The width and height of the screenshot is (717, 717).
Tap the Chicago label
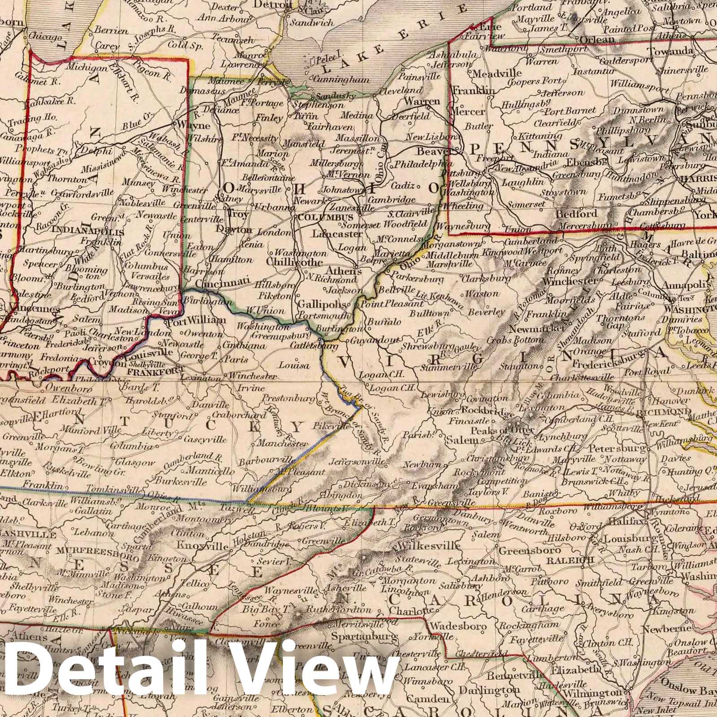tap(44, 37)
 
